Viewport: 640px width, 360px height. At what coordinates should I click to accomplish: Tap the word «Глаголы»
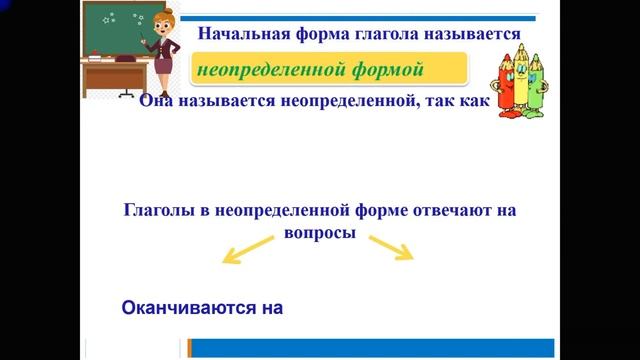pos(159,211)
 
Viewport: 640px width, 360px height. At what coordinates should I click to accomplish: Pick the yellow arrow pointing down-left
pos(244,251)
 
